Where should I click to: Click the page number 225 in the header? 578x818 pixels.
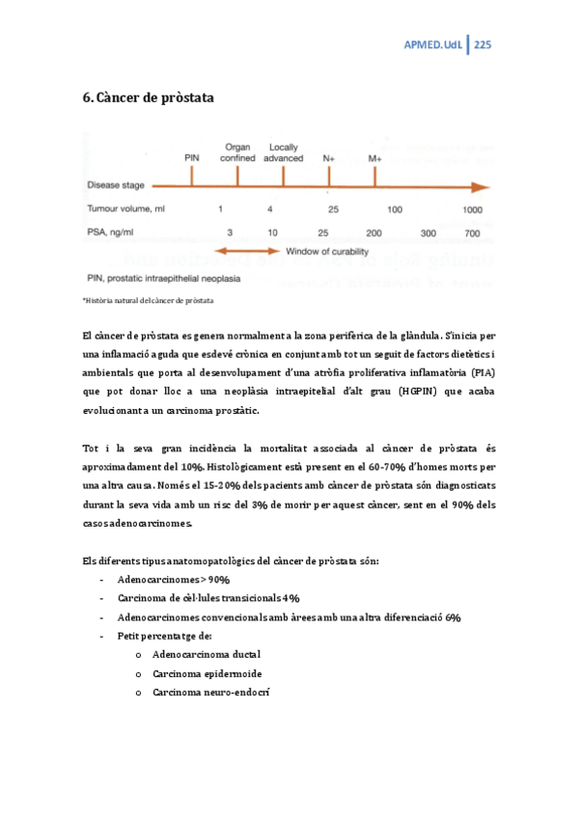pyautogui.click(x=483, y=45)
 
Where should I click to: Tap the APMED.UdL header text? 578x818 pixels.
pyautogui.click(x=431, y=45)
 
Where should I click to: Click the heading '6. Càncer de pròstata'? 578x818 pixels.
pyautogui.click(x=149, y=98)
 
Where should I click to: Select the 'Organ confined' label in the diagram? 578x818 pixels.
pyautogui.click(x=237, y=152)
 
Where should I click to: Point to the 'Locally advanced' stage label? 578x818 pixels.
pyautogui.click(x=284, y=152)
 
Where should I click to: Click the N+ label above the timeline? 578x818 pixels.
pyautogui.click(x=329, y=157)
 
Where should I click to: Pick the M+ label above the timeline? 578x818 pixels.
pyautogui.click(x=375, y=157)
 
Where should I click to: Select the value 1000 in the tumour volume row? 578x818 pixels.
pyautogui.click(x=472, y=208)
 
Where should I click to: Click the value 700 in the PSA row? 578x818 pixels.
pyautogui.click(x=472, y=232)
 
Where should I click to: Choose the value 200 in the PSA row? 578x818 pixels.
pyautogui.click(x=373, y=232)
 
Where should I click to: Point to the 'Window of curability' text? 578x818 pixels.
pyautogui.click(x=339, y=253)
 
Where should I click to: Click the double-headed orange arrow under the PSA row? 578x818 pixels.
pyautogui.click(x=253, y=253)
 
